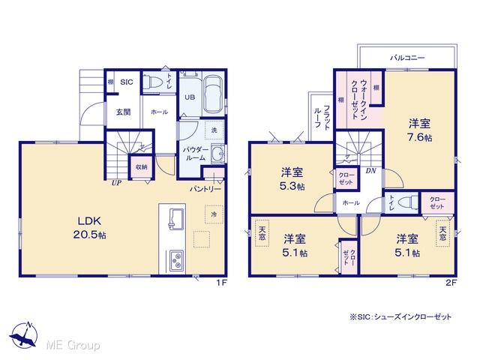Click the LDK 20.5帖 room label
click(x=90, y=228)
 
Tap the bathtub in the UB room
click(x=214, y=94)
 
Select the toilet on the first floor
click(x=152, y=81)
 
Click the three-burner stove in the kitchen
click(x=177, y=260)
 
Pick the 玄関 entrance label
click(x=123, y=112)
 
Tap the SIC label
click(x=127, y=82)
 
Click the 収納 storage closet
click(x=142, y=167)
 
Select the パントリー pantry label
click(x=205, y=189)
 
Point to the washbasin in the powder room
click(x=218, y=153)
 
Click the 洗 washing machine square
click(x=214, y=130)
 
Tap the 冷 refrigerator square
click(x=214, y=214)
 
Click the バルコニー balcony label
click(x=407, y=58)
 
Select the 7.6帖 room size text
click(x=420, y=138)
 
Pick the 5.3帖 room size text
click(x=292, y=186)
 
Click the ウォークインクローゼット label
click(x=358, y=100)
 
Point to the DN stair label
click(x=371, y=171)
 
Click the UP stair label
click(x=116, y=183)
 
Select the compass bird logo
click(x=23, y=336)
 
